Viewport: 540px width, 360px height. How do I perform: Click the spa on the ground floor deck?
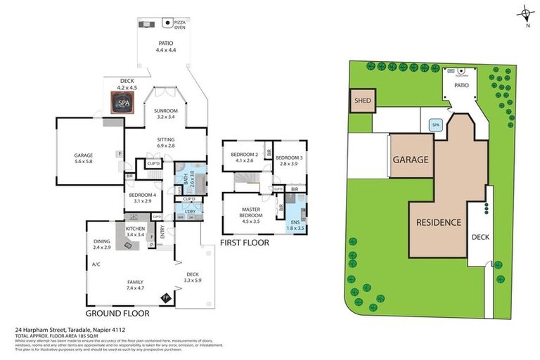pyautogui.click(x=124, y=103)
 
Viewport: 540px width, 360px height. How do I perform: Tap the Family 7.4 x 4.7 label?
pyautogui.click(x=134, y=285)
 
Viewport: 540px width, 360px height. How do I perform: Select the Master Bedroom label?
pyautogui.click(x=251, y=214)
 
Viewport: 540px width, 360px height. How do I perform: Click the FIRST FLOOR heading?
pyautogui.click(x=245, y=243)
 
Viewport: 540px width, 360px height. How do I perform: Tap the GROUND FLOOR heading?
pyautogui.click(x=115, y=311)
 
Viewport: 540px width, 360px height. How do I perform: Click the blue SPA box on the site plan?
pyautogui.click(x=435, y=125)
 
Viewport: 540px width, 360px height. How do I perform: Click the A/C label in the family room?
pyautogui.click(x=96, y=265)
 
